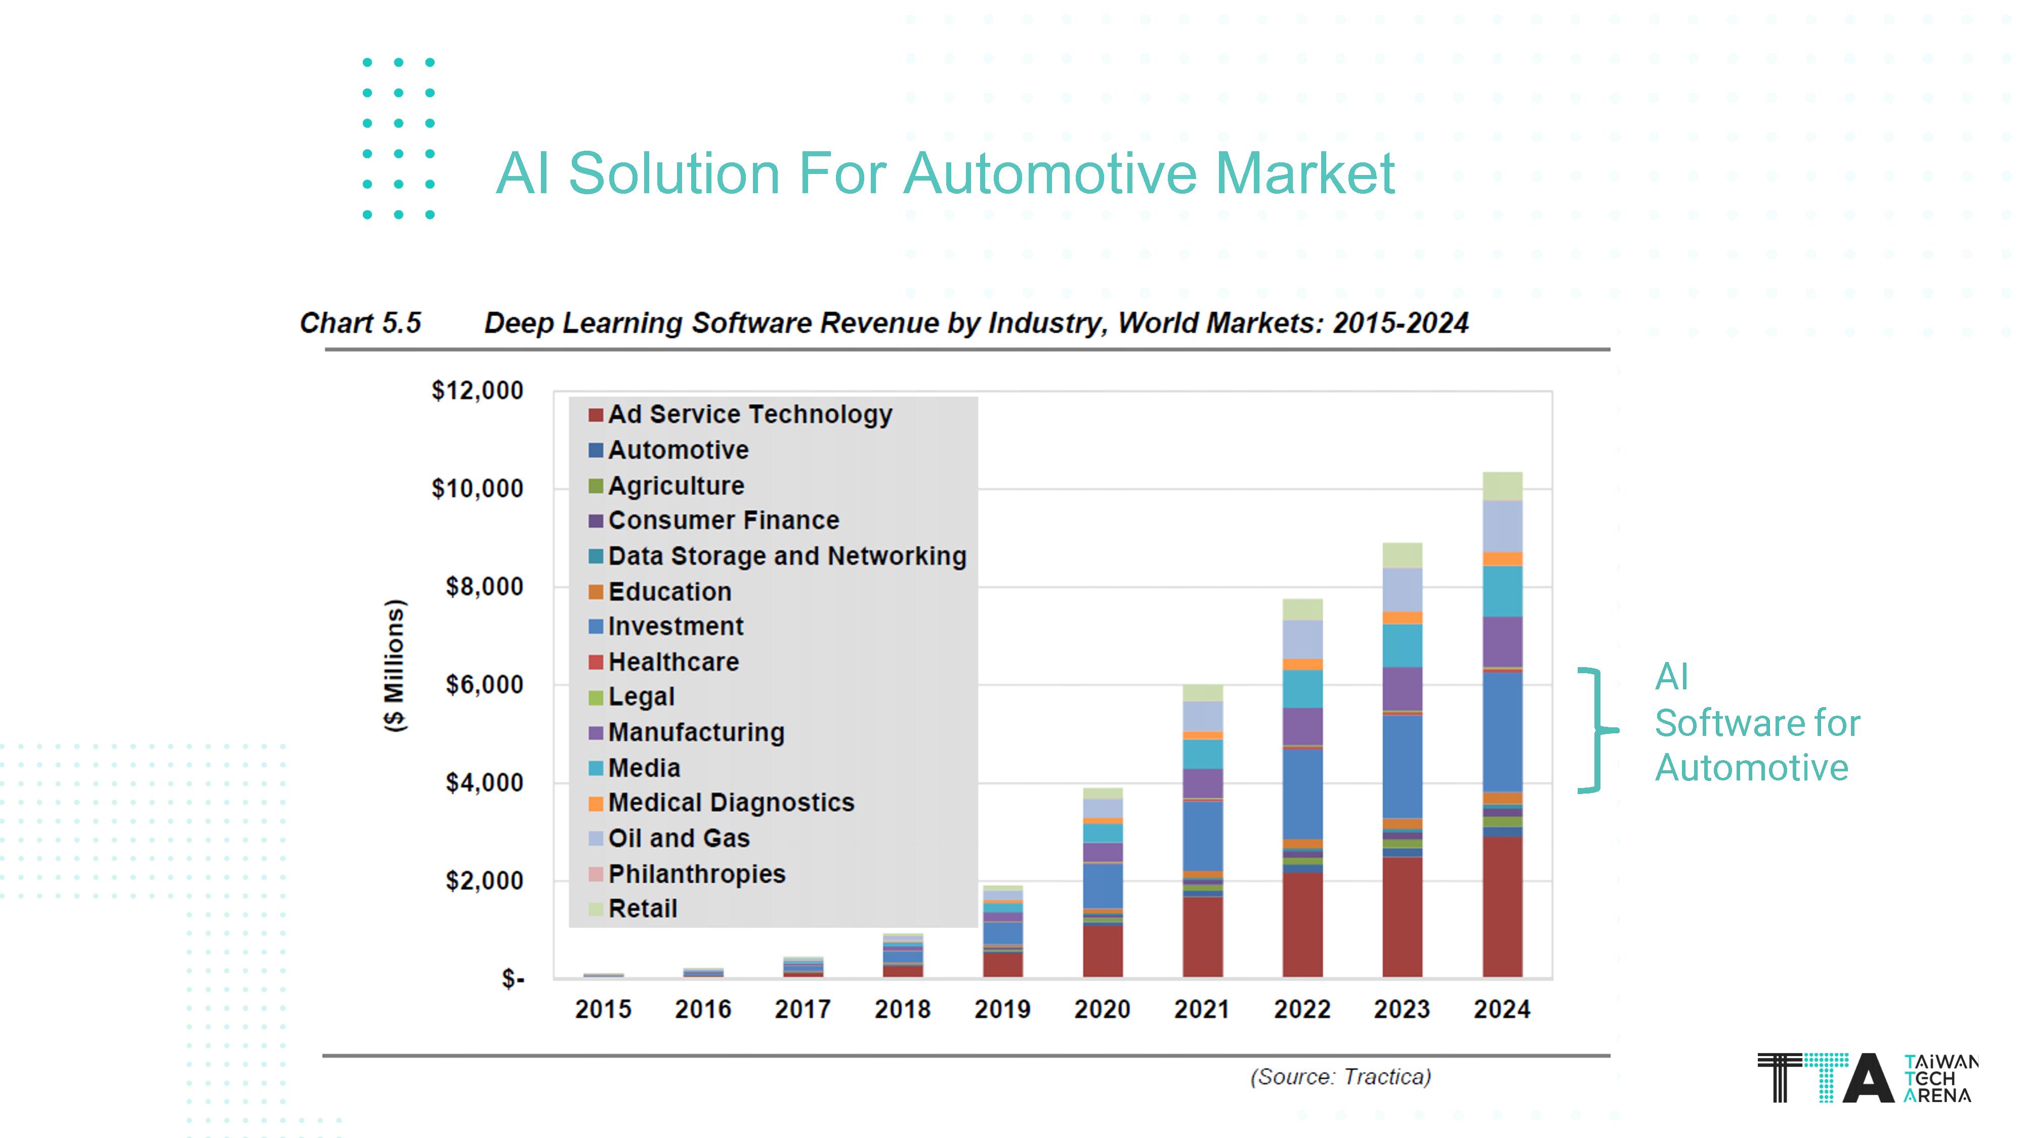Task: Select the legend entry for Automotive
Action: (x=678, y=450)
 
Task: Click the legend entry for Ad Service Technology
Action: (x=749, y=415)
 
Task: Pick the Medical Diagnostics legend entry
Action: (x=730, y=803)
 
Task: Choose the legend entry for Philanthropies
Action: (x=696, y=873)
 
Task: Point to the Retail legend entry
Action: (x=642, y=909)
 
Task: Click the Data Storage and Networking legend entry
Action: (x=786, y=556)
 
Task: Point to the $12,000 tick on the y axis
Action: (x=477, y=390)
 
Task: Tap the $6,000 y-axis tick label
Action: (x=484, y=685)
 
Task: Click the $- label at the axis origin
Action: (x=513, y=979)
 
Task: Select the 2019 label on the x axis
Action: (x=1002, y=1009)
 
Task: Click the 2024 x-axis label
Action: (x=1501, y=1009)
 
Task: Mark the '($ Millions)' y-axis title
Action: (x=395, y=666)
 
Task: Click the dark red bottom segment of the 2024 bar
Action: (x=1501, y=907)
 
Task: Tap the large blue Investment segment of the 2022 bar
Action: (x=1302, y=793)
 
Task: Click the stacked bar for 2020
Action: (x=1103, y=884)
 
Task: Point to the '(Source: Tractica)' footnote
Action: (x=1340, y=1077)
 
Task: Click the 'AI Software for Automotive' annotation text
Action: (x=1756, y=723)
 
